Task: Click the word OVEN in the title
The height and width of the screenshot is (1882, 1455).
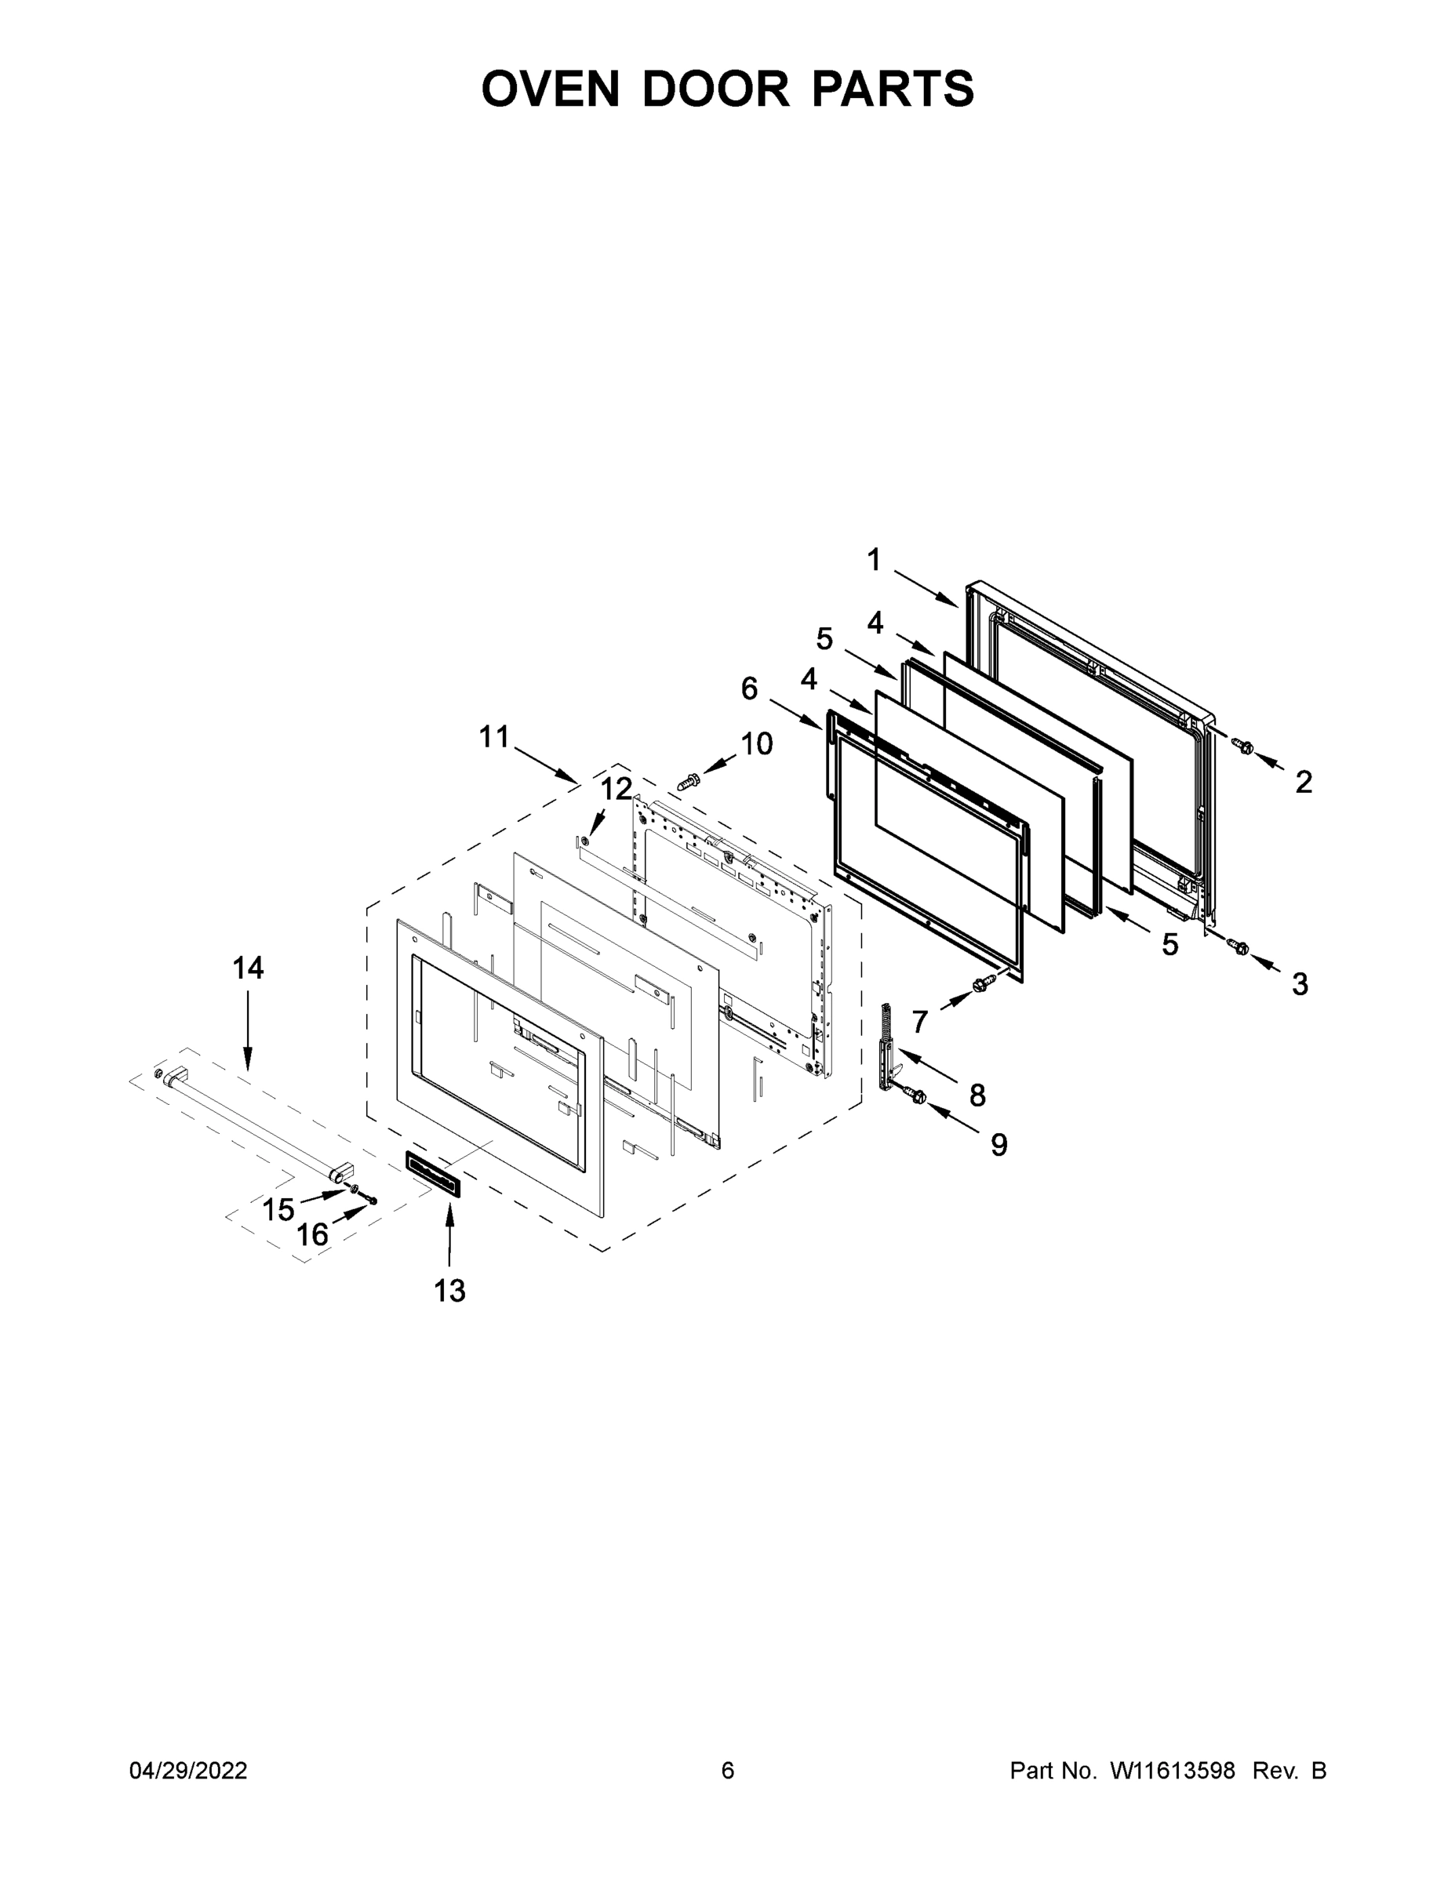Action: (550, 89)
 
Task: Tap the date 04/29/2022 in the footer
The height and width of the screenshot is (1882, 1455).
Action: (188, 1771)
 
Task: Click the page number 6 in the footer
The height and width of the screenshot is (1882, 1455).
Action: (728, 1771)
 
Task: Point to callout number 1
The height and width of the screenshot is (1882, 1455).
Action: (874, 560)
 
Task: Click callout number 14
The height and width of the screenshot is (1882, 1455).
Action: (248, 968)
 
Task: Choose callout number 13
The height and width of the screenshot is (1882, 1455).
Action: (449, 1291)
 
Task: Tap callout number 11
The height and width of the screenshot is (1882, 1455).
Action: (495, 737)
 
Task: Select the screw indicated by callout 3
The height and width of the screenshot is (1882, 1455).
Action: (1241, 947)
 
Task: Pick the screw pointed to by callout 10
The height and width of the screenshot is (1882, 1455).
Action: (689, 782)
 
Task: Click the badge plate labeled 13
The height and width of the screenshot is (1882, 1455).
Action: (434, 1174)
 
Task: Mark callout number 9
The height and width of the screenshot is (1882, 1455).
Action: (998, 1144)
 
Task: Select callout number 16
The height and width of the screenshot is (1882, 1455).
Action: (312, 1235)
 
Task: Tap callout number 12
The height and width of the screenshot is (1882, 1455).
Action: (617, 788)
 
